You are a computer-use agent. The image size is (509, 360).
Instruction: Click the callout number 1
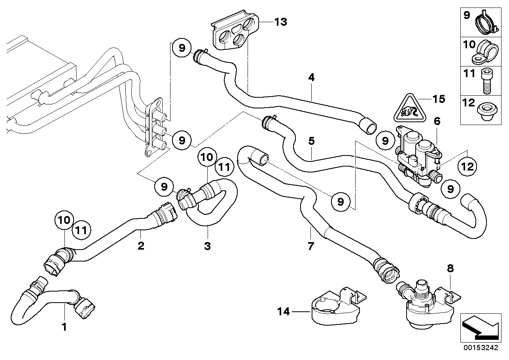tap(64, 327)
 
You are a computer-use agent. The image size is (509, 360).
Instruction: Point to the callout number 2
tap(140, 246)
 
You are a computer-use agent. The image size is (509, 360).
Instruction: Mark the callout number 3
tap(207, 246)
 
